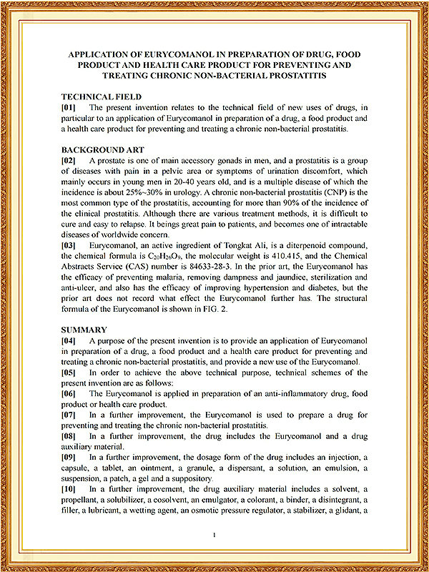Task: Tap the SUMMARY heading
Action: (84, 330)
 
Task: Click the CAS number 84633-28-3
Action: (217, 266)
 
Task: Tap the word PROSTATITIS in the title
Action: (292, 75)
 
